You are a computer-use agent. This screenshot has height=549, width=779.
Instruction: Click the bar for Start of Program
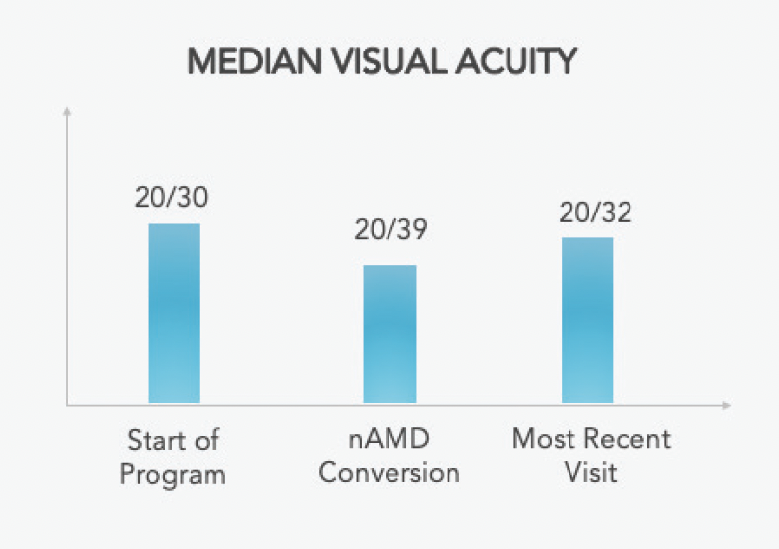point(174,313)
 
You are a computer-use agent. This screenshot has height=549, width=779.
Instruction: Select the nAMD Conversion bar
point(389,334)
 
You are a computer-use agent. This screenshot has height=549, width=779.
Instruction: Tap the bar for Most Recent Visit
point(587,320)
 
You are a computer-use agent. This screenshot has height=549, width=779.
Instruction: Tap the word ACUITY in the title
point(522,63)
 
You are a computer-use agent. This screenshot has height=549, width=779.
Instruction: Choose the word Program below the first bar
point(173,474)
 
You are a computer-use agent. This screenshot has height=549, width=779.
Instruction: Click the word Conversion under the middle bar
point(389,473)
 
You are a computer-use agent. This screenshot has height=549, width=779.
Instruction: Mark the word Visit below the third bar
point(590,473)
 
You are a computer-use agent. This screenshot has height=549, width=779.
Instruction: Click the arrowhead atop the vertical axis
point(67,110)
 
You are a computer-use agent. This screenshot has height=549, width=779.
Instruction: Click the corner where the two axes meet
point(67,404)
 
